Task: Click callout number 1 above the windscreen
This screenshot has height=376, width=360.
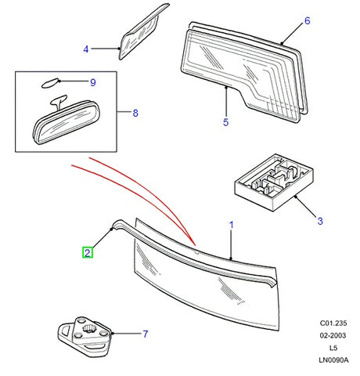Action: [x=232, y=225]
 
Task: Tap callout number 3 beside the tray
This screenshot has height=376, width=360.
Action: [x=319, y=222]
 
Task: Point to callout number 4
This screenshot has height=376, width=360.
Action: [x=86, y=51]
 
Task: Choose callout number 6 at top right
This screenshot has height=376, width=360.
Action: [x=308, y=20]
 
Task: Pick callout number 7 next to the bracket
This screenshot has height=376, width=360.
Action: [x=145, y=334]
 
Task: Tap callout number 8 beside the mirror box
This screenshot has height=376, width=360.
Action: [x=135, y=114]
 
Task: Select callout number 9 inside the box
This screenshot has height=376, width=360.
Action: [x=92, y=81]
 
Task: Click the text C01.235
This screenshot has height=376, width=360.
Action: [x=334, y=323]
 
